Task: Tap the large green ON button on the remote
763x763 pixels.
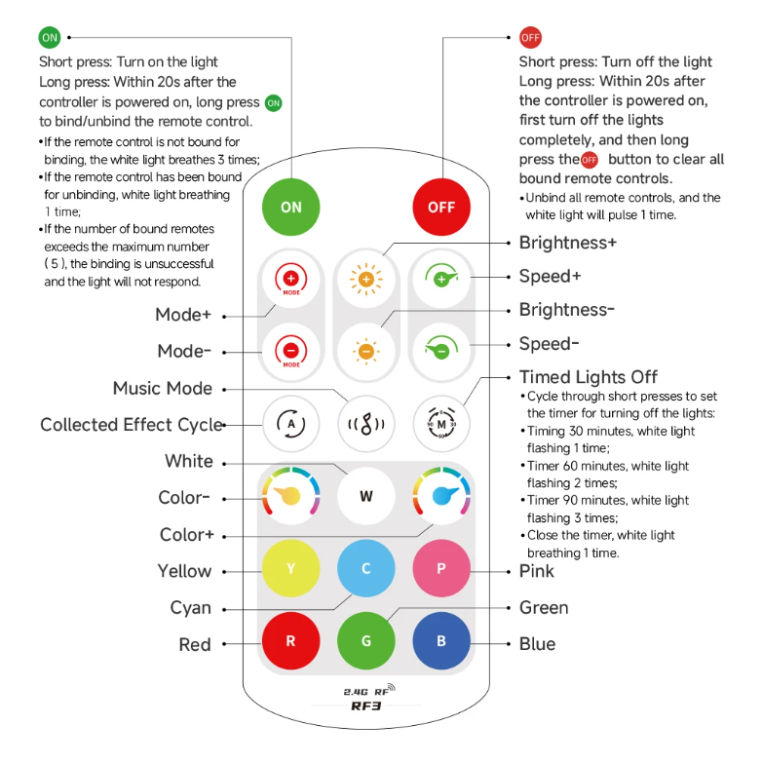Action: pyautogui.click(x=291, y=207)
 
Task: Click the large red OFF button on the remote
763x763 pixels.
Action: pyautogui.click(x=441, y=207)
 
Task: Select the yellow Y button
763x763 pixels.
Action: pyautogui.click(x=290, y=568)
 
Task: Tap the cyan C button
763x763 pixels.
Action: pyautogui.click(x=366, y=568)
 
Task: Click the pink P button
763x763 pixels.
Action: pyautogui.click(x=441, y=568)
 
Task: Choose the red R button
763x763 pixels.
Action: pyautogui.click(x=290, y=641)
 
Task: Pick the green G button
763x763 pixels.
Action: pyautogui.click(x=366, y=641)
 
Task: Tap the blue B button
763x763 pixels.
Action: pyautogui.click(x=441, y=641)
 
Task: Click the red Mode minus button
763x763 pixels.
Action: pyautogui.click(x=290, y=350)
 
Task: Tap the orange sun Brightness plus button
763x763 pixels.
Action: pyautogui.click(x=366, y=280)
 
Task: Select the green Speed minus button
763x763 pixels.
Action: pyautogui.click(x=441, y=350)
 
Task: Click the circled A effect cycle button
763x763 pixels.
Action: pyautogui.click(x=290, y=424)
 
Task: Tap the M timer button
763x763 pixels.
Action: pyautogui.click(x=441, y=424)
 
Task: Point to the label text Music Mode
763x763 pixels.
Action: pyautogui.click(x=163, y=388)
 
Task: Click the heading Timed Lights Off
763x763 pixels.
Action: pyautogui.click(x=588, y=377)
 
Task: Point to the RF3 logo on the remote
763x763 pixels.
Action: pyautogui.click(x=365, y=706)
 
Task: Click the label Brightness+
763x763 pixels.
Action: pyautogui.click(x=567, y=243)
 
